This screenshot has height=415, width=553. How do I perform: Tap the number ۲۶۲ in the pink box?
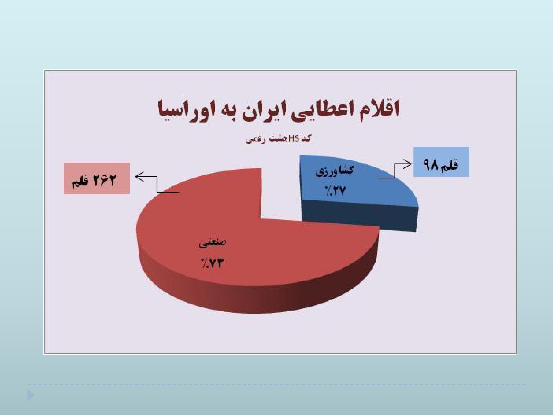[x=105, y=180]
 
